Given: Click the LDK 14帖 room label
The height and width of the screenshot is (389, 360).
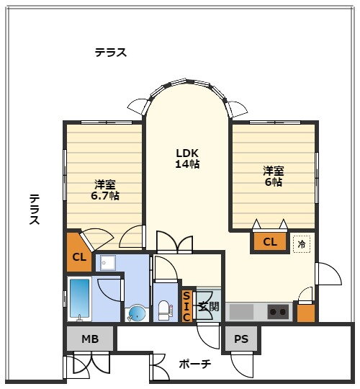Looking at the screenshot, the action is pos(187,158).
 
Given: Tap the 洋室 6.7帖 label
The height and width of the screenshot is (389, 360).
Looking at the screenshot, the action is pos(105,190).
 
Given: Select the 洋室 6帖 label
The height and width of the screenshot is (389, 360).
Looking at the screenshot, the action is pos(274,176).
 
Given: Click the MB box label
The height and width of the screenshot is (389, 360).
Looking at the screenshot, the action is pos(90,339).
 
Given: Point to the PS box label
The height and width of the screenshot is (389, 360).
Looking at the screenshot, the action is pos(241,339).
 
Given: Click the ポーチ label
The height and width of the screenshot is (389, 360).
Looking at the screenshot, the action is pos(195,365).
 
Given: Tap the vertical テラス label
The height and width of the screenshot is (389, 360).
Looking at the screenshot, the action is pos(35,209).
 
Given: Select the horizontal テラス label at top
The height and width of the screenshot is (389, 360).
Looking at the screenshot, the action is pos(111,53).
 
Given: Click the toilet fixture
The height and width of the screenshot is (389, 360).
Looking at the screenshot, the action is pos(165,310).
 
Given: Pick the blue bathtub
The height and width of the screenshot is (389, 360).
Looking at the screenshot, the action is pos(79,299).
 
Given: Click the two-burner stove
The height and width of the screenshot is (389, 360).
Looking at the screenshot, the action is pos(278,312).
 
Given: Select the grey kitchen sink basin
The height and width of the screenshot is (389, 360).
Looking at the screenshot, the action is pos(241,312).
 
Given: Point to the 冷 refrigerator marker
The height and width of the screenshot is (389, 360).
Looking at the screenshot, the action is pos(302,244).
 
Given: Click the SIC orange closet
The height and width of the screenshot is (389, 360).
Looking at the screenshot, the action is pos(186,306).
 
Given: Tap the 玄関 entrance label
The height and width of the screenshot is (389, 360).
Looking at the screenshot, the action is pos(209,307).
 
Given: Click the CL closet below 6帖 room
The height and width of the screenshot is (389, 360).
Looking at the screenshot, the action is pos(270,241).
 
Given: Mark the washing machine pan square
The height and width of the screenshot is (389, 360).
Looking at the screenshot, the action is pos(108,263).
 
